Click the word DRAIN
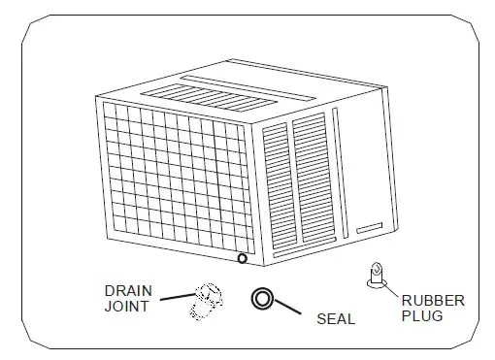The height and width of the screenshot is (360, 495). pos(128,289)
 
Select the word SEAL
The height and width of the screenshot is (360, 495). pos(336,318)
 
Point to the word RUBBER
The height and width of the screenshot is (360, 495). pos(432,301)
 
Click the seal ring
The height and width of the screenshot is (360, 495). pos(262,299)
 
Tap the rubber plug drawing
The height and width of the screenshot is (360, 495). pos(374,277)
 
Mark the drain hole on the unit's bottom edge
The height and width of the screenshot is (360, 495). pos(242,258)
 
